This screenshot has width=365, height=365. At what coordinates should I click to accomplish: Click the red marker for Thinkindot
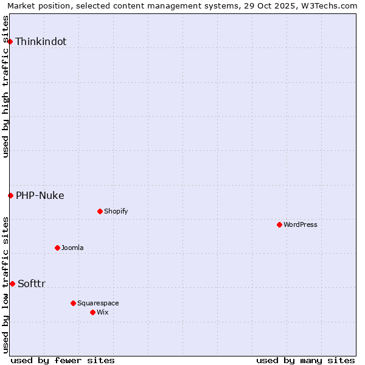pos(10,41)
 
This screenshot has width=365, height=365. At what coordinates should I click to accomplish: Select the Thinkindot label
pos(41,41)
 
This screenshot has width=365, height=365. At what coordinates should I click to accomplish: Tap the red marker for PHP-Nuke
pos(10,195)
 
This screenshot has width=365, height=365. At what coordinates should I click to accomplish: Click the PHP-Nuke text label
pos(40,195)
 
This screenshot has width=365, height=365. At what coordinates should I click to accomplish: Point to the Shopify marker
pos(100,211)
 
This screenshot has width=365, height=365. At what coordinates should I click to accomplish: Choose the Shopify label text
pos(116,211)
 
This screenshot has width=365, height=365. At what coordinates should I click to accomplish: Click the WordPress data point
pos(279,224)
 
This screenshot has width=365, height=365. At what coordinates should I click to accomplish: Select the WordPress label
pos(301,224)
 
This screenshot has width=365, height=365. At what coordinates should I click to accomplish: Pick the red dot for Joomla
pos(57,248)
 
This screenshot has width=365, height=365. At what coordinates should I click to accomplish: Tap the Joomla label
pos(72,248)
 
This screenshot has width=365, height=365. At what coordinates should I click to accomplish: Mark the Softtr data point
pos(12,283)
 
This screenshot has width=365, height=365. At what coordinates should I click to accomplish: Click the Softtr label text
pos(32,283)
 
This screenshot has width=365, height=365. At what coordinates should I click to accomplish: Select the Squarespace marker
pos(73,303)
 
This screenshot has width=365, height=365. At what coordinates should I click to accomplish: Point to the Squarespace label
pos(98,303)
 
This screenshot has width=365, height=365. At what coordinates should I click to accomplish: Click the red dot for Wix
pos(92,312)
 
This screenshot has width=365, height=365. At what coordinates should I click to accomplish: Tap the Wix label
pos(103,312)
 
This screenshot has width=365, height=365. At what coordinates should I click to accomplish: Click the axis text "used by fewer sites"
pos(63,360)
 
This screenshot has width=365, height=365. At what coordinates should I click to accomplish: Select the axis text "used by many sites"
pos(305,360)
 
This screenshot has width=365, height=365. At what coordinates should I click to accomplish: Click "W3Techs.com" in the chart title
pos(331,5)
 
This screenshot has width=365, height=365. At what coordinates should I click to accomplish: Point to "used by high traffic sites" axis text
pos(5,86)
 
